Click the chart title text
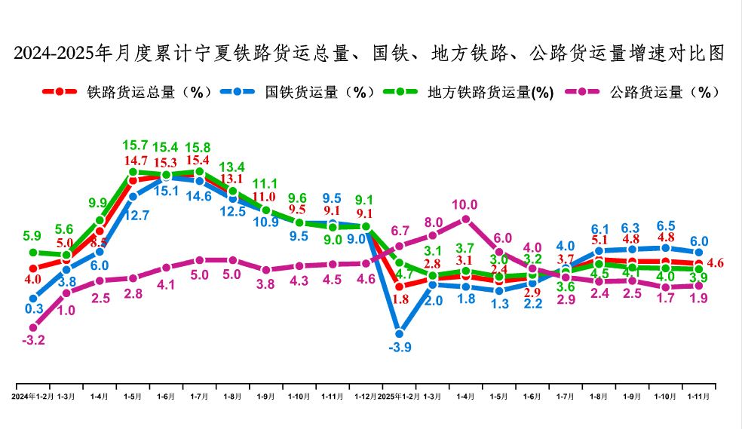(x=370, y=54)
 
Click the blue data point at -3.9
(x=400, y=332)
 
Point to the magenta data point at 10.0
(x=466, y=219)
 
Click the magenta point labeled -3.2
(x=33, y=327)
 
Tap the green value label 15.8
(x=199, y=148)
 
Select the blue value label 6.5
(x=666, y=225)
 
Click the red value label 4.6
(x=716, y=263)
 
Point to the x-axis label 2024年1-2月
(x=33, y=396)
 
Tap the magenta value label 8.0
(x=433, y=222)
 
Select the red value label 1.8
(x=400, y=299)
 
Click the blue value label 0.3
(x=33, y=308)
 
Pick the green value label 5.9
(x=31, y=235)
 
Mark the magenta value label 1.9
(x=699, y=299)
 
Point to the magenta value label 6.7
(x=400, y=230)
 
